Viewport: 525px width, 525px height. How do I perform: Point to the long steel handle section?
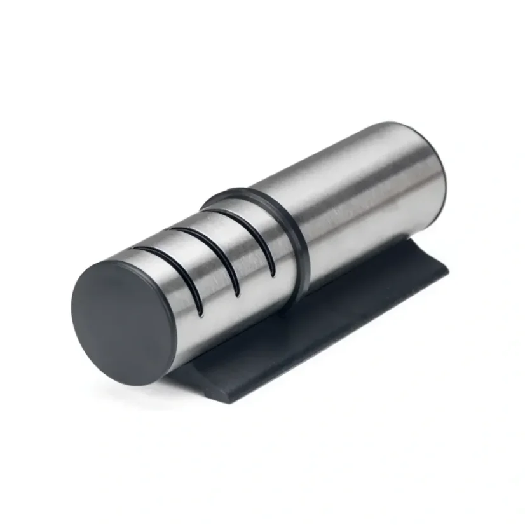369,197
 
